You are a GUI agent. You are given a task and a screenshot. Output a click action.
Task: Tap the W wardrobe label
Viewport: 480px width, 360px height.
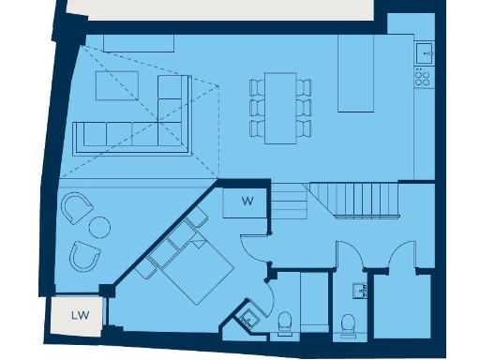point(247,201)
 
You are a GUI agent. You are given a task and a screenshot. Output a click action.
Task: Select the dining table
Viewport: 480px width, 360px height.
point(280,107)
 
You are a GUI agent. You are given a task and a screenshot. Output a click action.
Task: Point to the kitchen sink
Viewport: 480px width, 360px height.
point(423,52)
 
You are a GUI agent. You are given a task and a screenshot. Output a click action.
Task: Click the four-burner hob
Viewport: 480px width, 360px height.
point(423,78)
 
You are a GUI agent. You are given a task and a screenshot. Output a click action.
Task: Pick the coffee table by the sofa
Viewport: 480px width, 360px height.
point(116,85)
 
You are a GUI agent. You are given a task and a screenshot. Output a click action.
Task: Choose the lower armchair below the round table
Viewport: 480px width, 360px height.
point(87,254)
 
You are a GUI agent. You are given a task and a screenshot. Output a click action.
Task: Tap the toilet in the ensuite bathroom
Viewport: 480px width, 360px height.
point(285,323)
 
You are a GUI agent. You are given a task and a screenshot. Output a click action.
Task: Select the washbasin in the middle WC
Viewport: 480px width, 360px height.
point(360,288)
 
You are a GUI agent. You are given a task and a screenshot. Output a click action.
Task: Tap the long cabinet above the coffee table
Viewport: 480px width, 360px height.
point(138,42)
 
